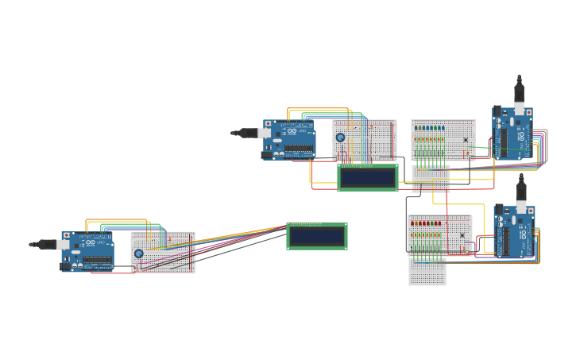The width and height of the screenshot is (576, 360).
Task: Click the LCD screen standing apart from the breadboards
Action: click(x=316, y=236)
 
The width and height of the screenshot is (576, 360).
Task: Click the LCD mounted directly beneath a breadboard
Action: click(x=368, y=177)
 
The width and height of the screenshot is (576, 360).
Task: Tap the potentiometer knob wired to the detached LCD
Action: click(x=139, y=254)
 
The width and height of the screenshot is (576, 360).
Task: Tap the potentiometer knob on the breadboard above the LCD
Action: click(x=341, y=137)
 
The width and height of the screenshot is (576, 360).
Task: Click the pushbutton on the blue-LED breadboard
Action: click(x=466, y=140)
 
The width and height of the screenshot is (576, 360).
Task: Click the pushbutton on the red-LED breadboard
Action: click(x=462, y=235)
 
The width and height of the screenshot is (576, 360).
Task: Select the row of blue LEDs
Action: click(x=431, y=128)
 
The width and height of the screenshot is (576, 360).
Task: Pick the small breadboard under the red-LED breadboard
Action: click(x=427, y=271)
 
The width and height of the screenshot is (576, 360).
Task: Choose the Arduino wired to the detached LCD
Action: click(x=87, y=252)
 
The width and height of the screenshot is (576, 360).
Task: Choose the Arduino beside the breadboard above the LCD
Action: click(x=289, y=139)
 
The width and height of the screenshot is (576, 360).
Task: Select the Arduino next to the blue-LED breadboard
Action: click(x=512, y=133)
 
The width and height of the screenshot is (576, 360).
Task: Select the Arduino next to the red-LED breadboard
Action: click(x=515, y=231)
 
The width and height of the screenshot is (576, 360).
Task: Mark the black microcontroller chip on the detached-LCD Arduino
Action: click(x=97, y=260)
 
